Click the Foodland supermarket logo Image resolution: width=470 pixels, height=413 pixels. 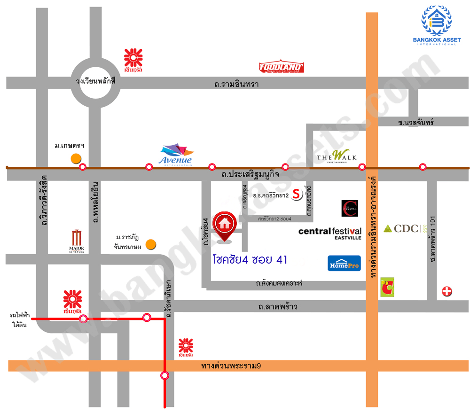282,67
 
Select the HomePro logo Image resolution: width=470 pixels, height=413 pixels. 344,264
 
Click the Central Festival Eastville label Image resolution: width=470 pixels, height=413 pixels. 330,233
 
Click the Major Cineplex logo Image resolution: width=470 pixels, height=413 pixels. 76,241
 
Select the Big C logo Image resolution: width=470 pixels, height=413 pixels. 386,287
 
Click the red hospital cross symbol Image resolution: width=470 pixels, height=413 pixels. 447,292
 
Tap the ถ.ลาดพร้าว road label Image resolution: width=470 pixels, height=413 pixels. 278,307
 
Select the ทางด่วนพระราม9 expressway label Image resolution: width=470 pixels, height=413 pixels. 231,366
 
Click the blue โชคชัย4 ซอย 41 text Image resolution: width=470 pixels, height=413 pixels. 250,259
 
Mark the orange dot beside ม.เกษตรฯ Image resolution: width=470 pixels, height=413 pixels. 74,158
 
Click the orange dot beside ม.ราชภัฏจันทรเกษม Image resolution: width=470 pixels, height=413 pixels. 150,244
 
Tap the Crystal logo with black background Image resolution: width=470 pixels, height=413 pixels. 350,209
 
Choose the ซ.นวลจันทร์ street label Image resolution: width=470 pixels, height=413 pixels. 415,123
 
